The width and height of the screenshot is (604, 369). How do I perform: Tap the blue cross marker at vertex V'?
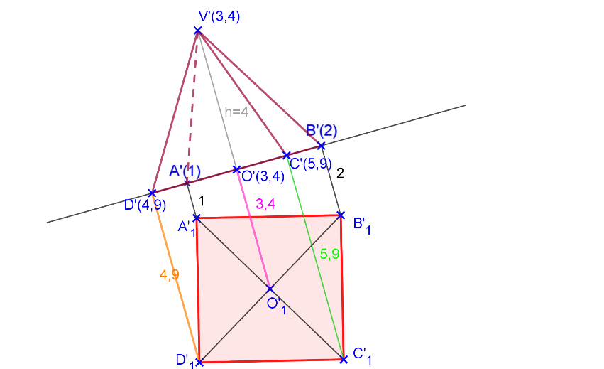point(198,31)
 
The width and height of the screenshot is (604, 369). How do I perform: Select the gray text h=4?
point(236,112)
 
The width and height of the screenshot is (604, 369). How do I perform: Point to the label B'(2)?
point(322,131)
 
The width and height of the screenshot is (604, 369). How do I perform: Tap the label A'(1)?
point(185,171)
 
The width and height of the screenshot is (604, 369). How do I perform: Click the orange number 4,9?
point(169,275)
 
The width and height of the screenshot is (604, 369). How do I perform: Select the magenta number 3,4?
point(265,205)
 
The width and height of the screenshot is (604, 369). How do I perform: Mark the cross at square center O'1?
point(270,289)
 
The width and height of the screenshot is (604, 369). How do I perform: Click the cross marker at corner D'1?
point(199,362)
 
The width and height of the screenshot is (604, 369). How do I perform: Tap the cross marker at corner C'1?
point(344,359)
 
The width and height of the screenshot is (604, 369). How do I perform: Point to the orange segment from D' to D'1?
point(176,277)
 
